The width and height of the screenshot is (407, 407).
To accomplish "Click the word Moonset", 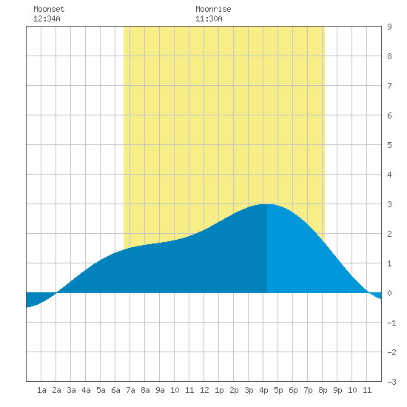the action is (x=49, y=9).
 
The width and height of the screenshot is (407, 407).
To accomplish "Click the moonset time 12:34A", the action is (x=47, y=18).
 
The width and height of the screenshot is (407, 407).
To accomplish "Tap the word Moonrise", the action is (x=213, y=9).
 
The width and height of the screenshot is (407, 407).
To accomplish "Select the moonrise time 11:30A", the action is (x=209, y=18).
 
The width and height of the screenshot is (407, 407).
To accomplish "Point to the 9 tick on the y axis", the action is (x=389, y=27).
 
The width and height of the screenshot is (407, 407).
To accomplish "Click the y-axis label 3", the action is (x=389, y=204).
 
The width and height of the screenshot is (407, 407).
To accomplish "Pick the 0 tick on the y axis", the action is (x=389, y=293).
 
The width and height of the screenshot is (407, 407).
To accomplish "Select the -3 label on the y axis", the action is (x=391, y=382).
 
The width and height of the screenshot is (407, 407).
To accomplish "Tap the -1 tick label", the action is (x=391, y=323).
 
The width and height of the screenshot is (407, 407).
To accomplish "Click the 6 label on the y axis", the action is (x=389, y=115).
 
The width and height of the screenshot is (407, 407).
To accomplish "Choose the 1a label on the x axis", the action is (x=41, y=390).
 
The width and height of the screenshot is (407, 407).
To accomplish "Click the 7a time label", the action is (x=130, y=390).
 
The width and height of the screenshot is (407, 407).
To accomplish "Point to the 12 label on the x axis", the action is (x=204, y=390).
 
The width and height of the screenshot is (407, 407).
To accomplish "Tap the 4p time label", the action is (x=263, y=390).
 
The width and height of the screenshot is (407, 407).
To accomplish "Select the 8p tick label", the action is (x=323, y=390).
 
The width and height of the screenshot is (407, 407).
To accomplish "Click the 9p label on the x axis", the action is (x=337, y=390).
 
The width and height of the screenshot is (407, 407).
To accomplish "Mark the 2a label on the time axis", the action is (x=56, y=390).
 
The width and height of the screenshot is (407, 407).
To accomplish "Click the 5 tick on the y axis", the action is (x=389, y=145).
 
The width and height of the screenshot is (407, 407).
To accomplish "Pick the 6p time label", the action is (x=293, y=390).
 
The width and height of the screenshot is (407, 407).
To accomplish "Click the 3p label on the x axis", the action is (x=249, y=390).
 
